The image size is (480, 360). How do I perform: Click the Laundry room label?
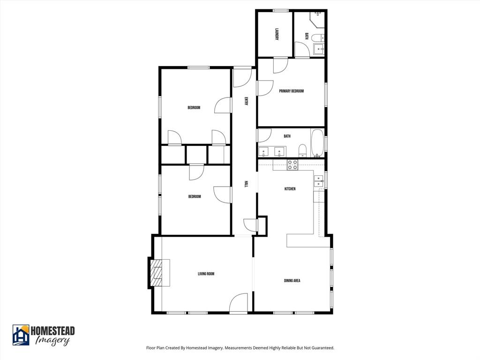(x=277, y=35)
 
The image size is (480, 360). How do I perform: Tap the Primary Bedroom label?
(x=292, y=91)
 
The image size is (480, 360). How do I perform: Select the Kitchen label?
(x=290, y=189)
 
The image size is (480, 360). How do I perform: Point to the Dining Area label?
(x=292, y=280)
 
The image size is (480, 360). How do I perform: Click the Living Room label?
(x=206, y=274)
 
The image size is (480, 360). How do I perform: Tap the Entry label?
(x=246, y=101)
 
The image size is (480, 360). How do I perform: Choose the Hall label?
(x=246, y=184)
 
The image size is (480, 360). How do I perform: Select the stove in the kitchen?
(x=292, y=165)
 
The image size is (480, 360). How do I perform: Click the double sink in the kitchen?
(x=319, y=181)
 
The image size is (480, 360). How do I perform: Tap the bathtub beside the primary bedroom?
(x=317, y=143)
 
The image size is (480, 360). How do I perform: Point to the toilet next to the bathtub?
(x=302, y=150)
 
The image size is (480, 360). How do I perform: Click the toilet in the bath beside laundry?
(x=317, y=38)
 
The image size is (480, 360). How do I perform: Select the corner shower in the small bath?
(x=317, y=19)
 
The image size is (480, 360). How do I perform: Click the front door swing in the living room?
(x=239, y=303)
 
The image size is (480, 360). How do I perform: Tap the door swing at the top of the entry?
(x=242, y=78)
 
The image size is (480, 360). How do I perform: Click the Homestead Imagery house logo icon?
(x=21, y=335)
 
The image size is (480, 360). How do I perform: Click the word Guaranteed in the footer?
(x=322, y=348)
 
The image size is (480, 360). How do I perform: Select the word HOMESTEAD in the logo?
(x=52, y=331)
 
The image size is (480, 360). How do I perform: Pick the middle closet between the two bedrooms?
(x=196, y=155)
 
